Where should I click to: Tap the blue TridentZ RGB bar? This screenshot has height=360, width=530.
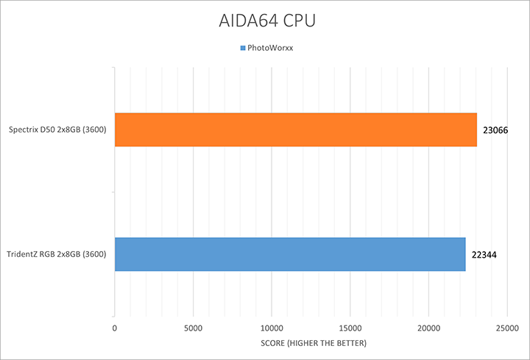pos(290,254)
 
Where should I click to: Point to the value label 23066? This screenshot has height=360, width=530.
pos(497,130)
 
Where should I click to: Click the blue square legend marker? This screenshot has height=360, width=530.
pos(243,49)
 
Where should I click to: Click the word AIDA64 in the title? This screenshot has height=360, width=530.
pos(247,20)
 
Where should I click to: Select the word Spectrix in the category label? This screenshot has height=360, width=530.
pos(24,130)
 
